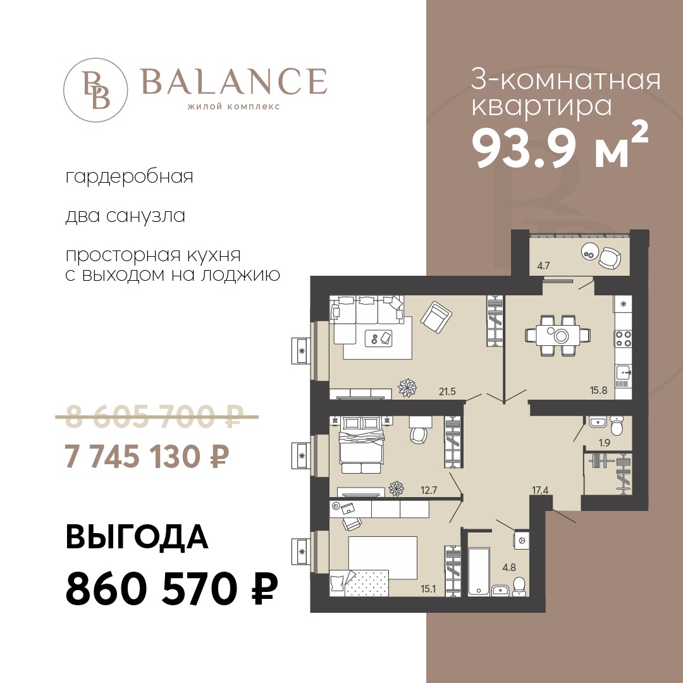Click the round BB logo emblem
(95, 90)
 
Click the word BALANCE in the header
(234, 81)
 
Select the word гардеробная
(130, 177)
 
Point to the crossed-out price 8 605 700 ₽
(157, 417)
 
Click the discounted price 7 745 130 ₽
(147, 457)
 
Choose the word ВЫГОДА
(137, 537)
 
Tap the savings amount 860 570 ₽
(171, 588)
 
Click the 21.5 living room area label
(447, 391)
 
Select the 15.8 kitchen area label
(598, 390)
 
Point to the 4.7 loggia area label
(543, 265)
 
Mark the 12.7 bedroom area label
(429, 490)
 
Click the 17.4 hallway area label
(539, 490)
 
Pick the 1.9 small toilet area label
(604, 443)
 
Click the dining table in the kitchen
(558, 335)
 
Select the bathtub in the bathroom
(479, 571)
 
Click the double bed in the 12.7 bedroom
(362, 445)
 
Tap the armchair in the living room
(436, 317)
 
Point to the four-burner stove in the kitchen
(623, 338)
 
